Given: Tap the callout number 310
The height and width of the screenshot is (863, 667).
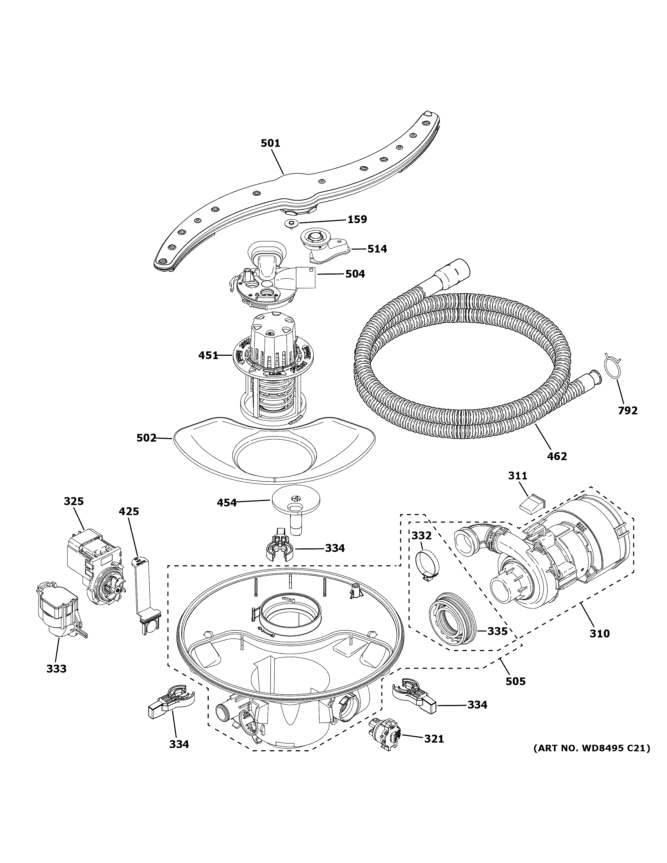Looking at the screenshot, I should click(x=599, y=633).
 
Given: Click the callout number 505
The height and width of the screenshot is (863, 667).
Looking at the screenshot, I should click(x=516, y=681).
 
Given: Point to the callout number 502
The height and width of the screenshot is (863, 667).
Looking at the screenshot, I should click(x=146, y=438).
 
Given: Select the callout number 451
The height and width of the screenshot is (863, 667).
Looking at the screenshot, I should click(x=208, y=355).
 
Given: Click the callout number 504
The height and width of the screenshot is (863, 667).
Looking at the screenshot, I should click(x=355, y=274).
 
